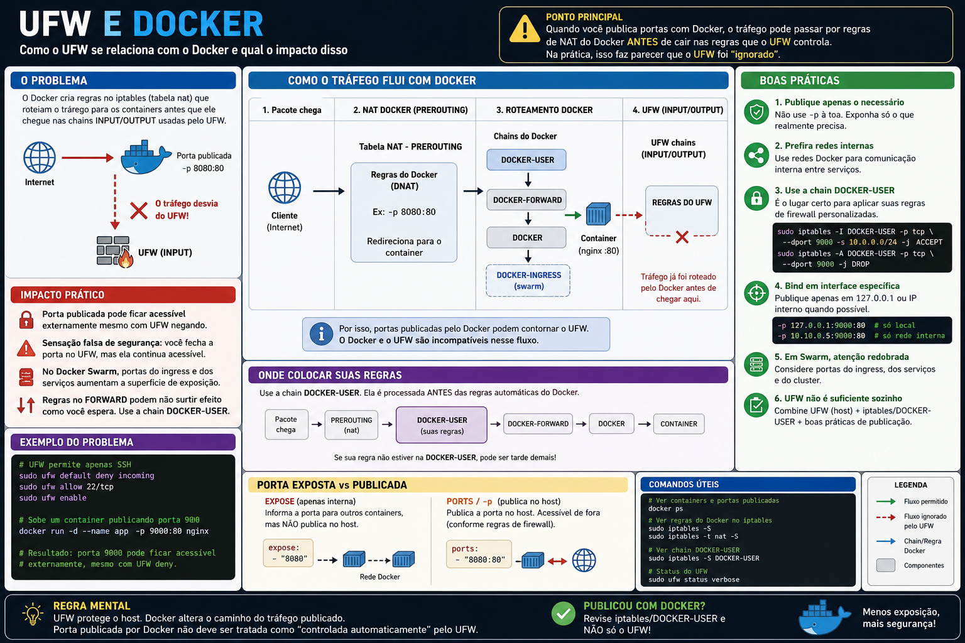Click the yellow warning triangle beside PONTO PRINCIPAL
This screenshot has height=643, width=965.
tap(525, 30)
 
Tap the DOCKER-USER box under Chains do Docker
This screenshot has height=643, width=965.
tap(526, 159)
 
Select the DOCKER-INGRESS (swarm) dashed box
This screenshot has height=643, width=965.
tap(528, 281)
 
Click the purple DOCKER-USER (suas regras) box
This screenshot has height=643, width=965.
tap(442, 425)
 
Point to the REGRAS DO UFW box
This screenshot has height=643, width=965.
tap(682, 211)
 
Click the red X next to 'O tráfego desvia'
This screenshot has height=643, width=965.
tap(139, 210)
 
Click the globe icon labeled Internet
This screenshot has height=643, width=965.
tap(39, 158)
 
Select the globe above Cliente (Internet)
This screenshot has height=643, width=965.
tap(285, 188)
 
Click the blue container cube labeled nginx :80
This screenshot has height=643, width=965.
tap(598, 214)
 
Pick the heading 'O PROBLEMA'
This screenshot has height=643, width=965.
tap(54, 80)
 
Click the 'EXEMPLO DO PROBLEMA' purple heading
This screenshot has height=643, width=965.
tap(76, 442)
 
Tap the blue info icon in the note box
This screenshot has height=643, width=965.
tap(321, 334)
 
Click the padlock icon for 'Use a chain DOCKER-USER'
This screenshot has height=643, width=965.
tap(756, 198)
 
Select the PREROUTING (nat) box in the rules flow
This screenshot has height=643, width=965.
tap(351, 425)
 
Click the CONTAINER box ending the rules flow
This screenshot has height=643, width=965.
tap(679, 424)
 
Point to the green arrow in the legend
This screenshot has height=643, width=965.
tap(886, 501)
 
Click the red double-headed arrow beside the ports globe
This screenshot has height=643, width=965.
tap(557, 561)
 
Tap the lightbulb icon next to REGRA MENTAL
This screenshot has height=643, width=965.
tap(33, 614)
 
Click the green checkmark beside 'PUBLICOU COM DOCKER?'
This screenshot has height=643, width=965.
tap(563, 613)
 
